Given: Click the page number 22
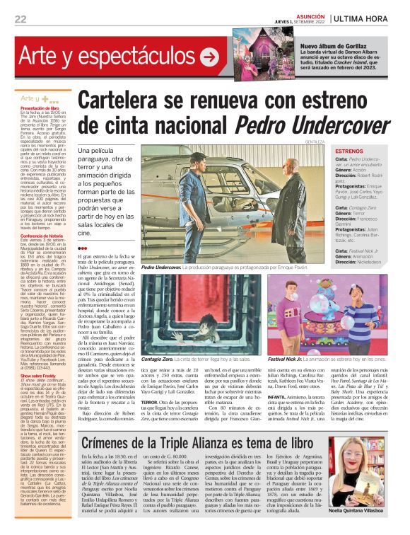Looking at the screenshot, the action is (20, 19).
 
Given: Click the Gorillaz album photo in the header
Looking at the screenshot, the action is (252, 49).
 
